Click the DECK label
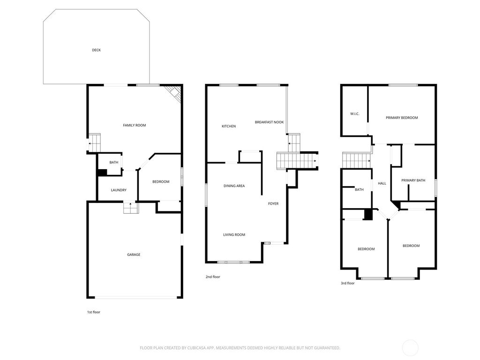[96, 50]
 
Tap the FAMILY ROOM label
[135, 125]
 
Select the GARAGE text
[134, 255]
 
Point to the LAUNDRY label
[119, 190]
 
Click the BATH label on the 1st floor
[114, 162]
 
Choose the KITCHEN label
[229, 126]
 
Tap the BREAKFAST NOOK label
[270, 122]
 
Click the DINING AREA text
[234, 186]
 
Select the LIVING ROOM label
[234, 234]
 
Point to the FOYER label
[273, 203]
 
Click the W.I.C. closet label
[355, 113]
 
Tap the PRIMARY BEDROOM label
[402, 118]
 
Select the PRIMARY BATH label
[413, 180]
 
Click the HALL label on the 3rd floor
[382, 183]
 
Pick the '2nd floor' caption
[213, 277]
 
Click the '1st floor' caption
[93, 312]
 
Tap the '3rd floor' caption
[347, 283]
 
